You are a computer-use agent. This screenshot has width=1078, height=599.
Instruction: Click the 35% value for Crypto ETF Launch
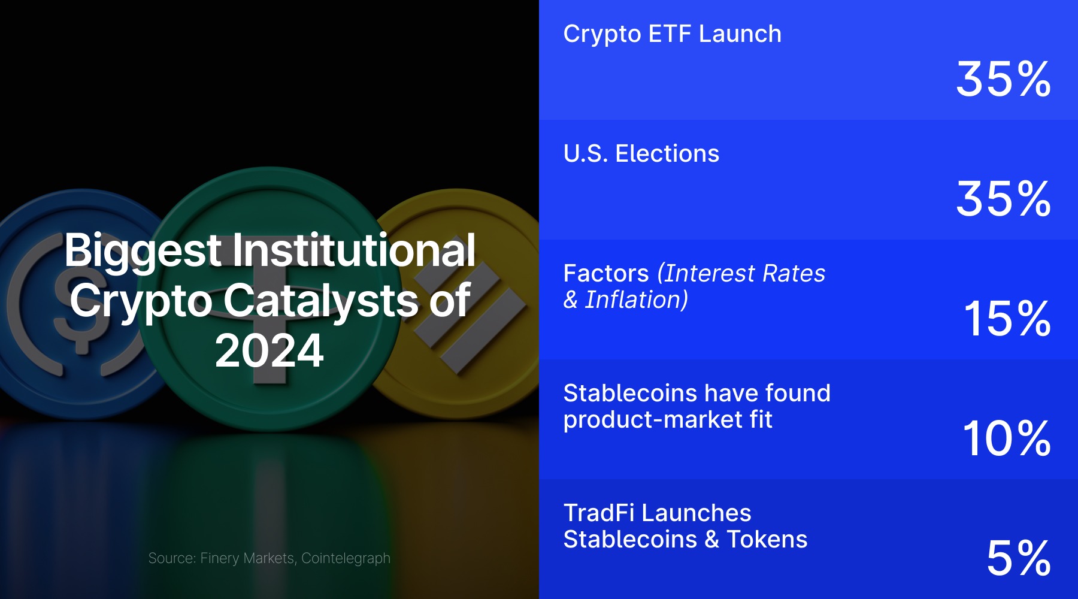[1003, 79]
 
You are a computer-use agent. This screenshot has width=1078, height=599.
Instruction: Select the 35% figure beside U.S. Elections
[1003, 199]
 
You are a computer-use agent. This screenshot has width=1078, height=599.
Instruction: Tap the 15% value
[1007, 319]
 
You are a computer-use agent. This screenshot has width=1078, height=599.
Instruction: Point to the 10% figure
[1007, 438]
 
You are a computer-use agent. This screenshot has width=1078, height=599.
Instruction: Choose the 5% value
[1019, 558]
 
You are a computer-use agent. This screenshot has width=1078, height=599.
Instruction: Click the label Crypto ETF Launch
[672, 35]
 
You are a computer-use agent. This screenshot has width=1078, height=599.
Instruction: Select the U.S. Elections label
[641, 154]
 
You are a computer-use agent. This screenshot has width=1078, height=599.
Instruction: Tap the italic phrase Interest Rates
[745, 274]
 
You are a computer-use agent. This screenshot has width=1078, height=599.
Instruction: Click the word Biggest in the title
[143, 251]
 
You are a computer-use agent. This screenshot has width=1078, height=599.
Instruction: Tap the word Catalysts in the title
[321, 301]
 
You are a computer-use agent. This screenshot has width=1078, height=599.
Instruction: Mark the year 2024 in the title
[269, 351]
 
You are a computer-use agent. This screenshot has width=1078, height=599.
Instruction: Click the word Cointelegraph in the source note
[346, 559]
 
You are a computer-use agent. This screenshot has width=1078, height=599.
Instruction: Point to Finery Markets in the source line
[247, 558]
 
